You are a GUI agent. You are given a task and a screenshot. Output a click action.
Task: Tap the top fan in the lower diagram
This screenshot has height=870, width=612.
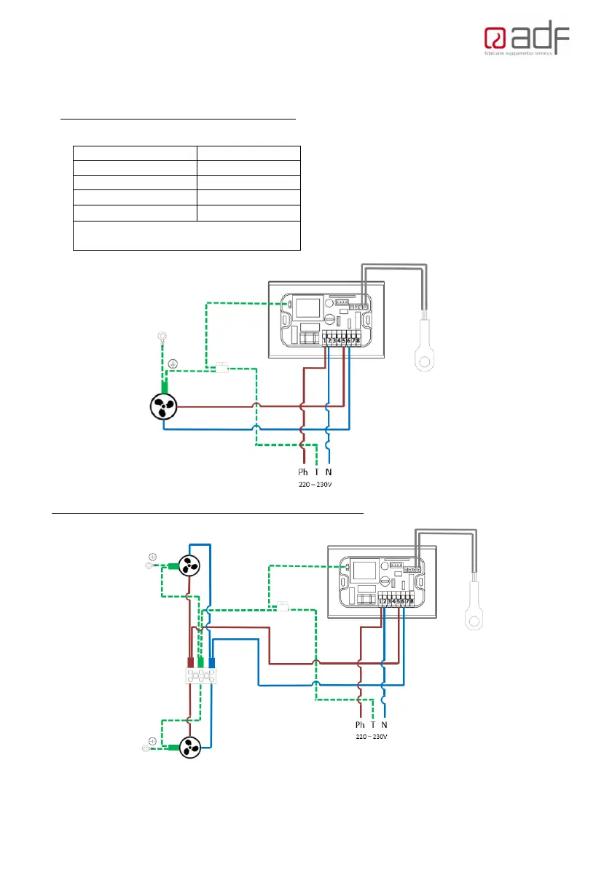pyautogui.click(x=189, y=566)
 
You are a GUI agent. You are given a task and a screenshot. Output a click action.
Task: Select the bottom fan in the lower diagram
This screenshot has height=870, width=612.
pyautogui.click(x=190, y=746)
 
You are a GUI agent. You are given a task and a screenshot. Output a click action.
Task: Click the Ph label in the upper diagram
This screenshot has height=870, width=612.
pyautogui.click(x=303, y=472)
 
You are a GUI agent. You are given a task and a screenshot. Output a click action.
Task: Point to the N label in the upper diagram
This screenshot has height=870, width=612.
pyautogui.click(x=329, y=472)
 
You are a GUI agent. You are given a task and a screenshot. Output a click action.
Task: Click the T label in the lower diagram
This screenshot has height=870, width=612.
pyautogui.click(x=372, y=725)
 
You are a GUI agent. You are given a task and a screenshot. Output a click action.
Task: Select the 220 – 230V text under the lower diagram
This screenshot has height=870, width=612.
pyautogui.click(x=372, y=737)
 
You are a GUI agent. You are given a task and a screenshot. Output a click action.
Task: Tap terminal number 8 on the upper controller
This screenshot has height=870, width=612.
pyautogui.click(x=358, y=340)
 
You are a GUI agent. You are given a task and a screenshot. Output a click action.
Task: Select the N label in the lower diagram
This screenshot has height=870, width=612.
pyautogui.click(x=385, y=725)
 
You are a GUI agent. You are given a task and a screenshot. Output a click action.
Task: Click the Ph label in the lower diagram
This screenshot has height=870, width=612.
pyautogui.click(x=360, y=725)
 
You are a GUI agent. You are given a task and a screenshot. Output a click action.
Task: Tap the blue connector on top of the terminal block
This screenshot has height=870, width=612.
pyautogui.click(x=213, y=662)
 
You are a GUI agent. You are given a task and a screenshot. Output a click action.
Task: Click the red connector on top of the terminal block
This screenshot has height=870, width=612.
pyautogui.click(x=190, y=662)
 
